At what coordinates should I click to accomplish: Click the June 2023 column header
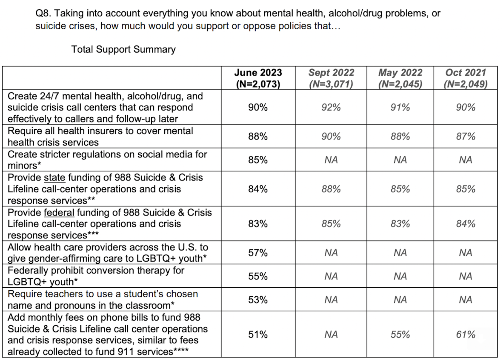click(x=258, y=78)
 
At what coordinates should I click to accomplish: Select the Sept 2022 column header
click(x=331, y=78)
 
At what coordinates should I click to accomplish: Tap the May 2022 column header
click(x=400, y=78)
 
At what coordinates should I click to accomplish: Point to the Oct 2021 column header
click(x=465, y=78)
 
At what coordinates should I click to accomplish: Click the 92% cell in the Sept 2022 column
click(x=331, y=107)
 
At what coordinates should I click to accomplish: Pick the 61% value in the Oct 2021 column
click(x=465, y=335)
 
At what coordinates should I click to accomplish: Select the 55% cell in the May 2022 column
click(x=400, y=335)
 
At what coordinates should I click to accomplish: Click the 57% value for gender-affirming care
click(x=258, y=253)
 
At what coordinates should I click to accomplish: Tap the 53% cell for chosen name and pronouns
click(x=258, y=300)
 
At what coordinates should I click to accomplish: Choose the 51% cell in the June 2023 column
click(x=258, y=335)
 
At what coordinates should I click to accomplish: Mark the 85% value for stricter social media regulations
click(x=258, y=160)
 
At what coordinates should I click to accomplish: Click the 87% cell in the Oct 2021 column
click(x=465, y=137)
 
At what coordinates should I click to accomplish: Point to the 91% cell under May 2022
click(x=400, y=107)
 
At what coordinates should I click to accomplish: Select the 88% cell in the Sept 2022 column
click(x=331, y=189)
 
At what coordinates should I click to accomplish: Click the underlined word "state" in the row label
click(x=54, y=178)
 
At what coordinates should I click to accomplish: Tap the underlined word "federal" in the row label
click(x=59, y=213)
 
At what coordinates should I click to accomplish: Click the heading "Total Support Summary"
click(x=123, y=49)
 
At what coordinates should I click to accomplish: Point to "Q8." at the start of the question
click(x=43, y=14)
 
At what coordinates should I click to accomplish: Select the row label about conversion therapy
click(x=96, y=276)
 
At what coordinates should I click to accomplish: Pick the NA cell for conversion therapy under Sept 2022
click(x=331, y=276)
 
